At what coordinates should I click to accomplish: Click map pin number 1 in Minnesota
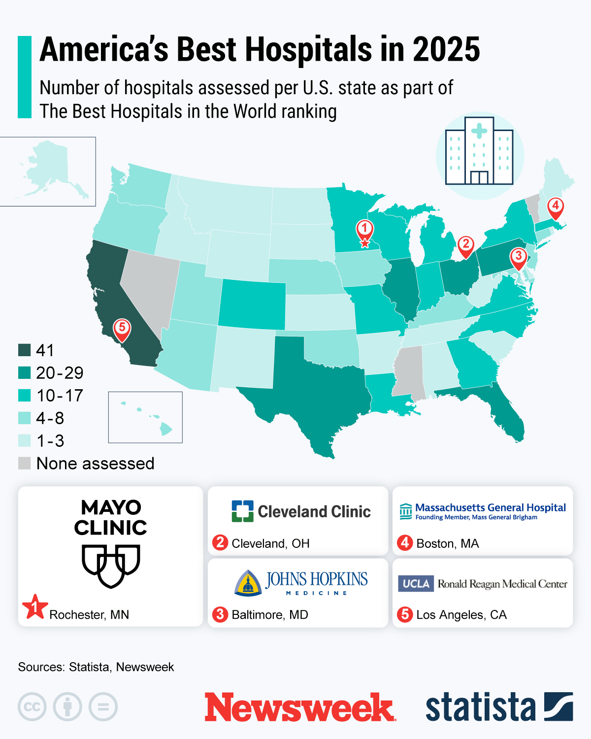click(364, 230)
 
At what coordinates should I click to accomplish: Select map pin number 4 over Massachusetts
click(555, 206)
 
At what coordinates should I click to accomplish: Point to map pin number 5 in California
click(122, 328)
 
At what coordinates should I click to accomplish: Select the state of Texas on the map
click(315, 389)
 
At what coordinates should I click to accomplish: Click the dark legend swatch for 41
click(25, 350)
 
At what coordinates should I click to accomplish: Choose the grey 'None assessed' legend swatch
click(25, 463)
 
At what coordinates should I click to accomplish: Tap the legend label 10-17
click(60, 396)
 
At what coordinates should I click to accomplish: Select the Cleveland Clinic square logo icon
click(242, 511)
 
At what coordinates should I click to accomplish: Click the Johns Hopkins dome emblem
click(248, 583)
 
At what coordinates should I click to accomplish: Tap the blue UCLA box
click(416, 583)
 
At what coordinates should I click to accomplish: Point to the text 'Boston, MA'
click(447, 543)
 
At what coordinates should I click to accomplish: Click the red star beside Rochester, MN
click(35, 606)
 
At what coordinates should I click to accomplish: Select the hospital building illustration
click(479, 152)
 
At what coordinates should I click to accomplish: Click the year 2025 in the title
click(446, 50)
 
